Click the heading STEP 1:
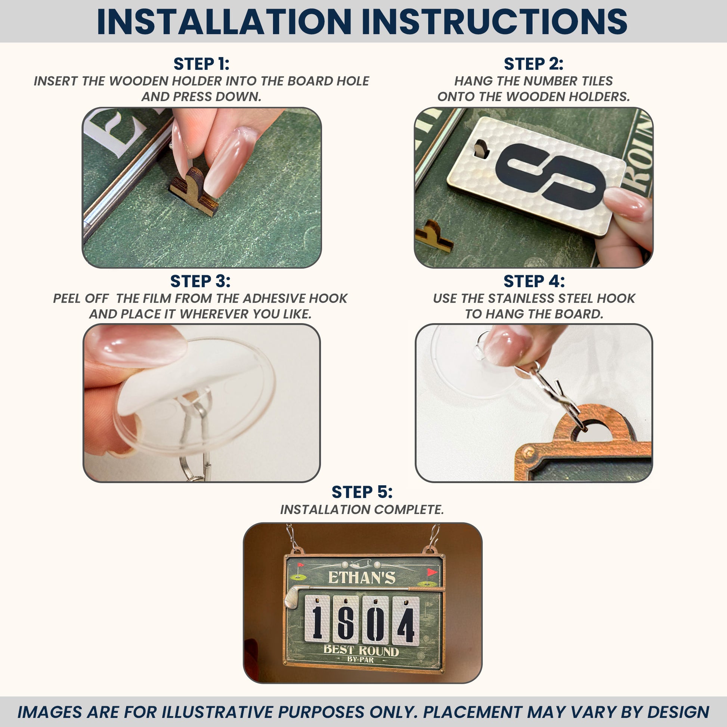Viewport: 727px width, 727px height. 201,64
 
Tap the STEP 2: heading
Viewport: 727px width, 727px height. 533,64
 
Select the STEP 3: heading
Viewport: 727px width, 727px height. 200,281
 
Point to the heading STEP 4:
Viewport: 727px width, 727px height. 534,281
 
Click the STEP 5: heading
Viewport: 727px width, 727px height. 362,492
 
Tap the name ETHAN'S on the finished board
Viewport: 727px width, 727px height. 362,578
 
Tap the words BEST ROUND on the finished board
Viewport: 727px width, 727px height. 361,650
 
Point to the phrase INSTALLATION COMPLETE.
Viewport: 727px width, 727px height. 362,510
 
